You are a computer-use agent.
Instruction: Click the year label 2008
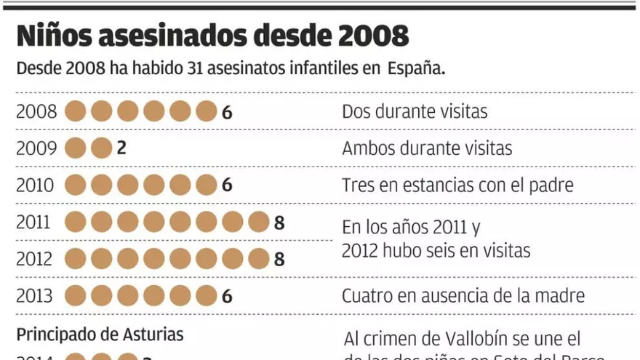35,112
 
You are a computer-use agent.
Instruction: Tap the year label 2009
35,148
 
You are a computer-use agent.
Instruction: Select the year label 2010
35,185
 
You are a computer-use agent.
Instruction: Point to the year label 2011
35,222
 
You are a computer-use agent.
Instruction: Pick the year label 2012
35,259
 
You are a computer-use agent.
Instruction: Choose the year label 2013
35,296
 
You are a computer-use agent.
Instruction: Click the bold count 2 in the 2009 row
121,148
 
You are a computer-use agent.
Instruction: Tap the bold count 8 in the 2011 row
279,223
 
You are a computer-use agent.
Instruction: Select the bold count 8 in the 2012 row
279,260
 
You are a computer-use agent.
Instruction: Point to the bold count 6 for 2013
227,297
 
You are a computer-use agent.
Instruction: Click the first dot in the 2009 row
76,148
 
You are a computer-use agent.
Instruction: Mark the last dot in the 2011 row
258,222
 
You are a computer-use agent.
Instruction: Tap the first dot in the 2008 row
76,112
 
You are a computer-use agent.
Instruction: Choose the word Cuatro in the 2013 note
369,296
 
